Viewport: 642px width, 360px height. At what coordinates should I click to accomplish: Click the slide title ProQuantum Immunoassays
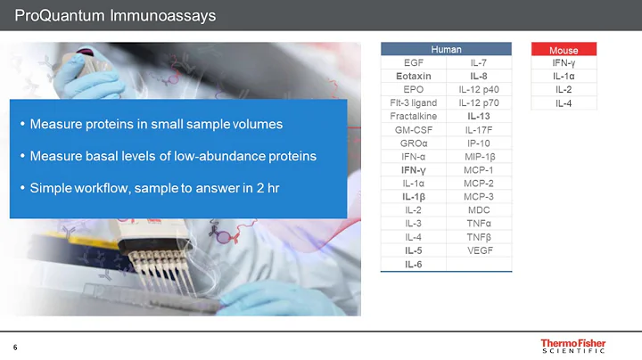pyautogui.click(x=116, y=15)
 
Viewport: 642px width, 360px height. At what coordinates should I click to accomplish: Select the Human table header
pyautogui.click(x=446, y=49)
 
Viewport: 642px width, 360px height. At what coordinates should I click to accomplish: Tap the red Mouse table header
pyautogui.click(x=564, y=50)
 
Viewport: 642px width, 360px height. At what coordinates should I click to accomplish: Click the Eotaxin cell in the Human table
pyautogui.click(x=414, y=77)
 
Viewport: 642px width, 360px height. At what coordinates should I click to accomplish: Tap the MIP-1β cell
pyautogui.click(x=479, y=156)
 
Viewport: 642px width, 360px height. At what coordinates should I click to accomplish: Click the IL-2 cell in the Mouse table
pyautogui.click(x=564, y=89)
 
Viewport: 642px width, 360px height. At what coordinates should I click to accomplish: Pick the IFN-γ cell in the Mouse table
pyautogui.click(x=564, y=62)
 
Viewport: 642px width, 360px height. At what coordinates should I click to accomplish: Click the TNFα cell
pyautogui.click(x=479, y=223)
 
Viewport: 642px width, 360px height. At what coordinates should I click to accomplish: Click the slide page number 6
pyautogui.click(x=15, y=347)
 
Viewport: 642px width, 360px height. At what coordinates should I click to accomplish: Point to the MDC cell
pyautogui.click(x=479, y=209)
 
